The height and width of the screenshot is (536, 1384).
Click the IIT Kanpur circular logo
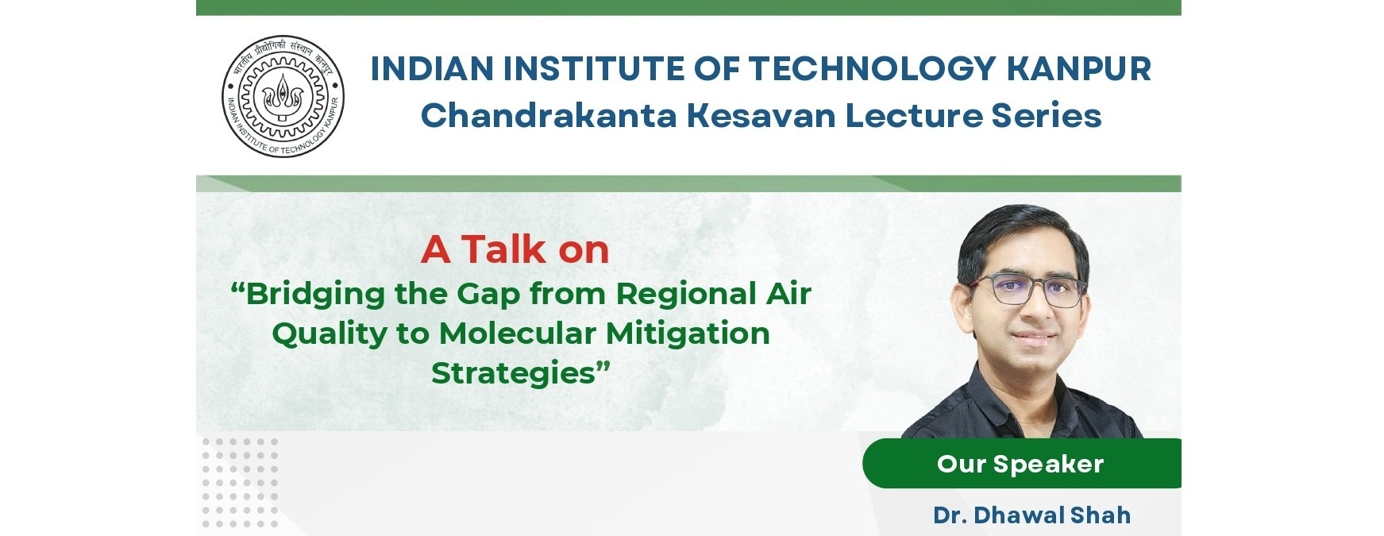tap(283, 96)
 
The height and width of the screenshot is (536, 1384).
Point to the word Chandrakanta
tap(549, 116)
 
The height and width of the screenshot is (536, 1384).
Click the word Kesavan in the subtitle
tap(761, 116)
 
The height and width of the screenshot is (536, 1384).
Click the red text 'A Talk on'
tap(515, 249)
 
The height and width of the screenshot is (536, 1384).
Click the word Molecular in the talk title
tap(518, 334)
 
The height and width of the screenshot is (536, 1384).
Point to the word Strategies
tap(514, 373)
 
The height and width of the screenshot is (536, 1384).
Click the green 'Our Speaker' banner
tap(1021, 463)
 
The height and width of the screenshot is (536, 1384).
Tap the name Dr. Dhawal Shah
tap(1032, 515)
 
